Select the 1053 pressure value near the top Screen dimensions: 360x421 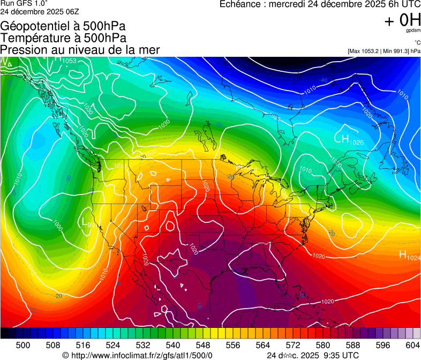click(x=69, y=61)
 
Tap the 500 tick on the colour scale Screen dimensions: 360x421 click(x=23, y=345)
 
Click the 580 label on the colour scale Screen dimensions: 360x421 click(x=324, y=345)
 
